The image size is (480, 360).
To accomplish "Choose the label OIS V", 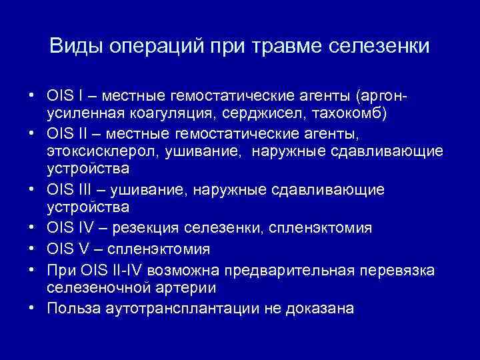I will coord(67,249).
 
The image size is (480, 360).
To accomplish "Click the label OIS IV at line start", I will coord(69,229).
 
